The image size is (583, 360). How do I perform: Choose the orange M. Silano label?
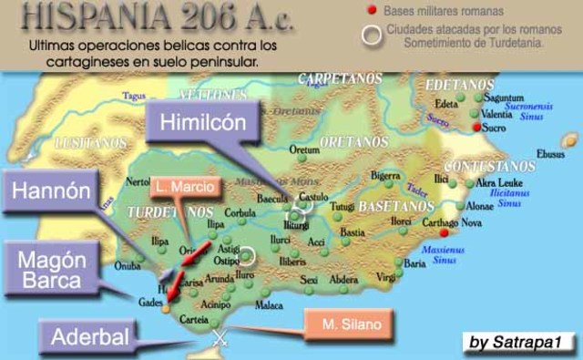tap(349, 321)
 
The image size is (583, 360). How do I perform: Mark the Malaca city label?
tap(271, 305)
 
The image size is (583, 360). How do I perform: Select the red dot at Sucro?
tap(476, 128)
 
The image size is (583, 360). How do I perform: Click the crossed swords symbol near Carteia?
tap(219, 338)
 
